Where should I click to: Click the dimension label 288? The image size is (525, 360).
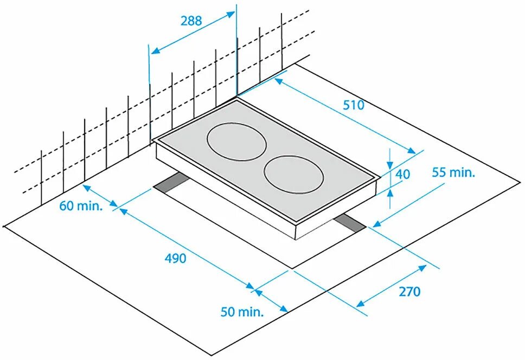[191, 21]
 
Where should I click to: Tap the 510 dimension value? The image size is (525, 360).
[353, 105]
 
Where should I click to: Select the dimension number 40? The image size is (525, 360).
[402, 175]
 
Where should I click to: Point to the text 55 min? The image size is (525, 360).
[453, 172]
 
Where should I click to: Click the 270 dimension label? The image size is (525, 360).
[409, 292]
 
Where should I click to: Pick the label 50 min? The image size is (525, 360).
[242, 312]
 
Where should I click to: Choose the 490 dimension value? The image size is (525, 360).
[175, 258]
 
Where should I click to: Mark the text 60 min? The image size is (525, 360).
[81, 206]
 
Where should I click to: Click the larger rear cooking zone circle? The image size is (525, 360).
[237, 142]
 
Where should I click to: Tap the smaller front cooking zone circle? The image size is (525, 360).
[294, 175]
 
